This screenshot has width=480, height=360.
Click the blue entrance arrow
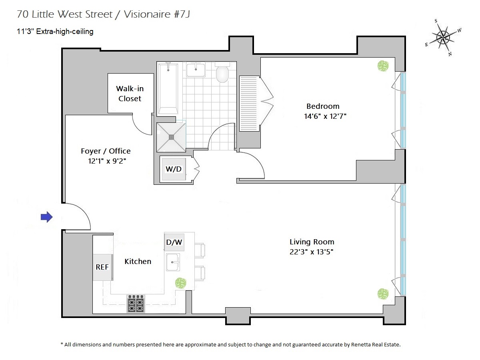tap(47, 217)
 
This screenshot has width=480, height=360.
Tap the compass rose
tap(443, 38)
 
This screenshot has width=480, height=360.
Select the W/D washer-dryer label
tap(174, 169)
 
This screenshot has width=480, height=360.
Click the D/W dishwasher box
tap(174, 242)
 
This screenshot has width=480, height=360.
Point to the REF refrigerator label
tap(102, 267)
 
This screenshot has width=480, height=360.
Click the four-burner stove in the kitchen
tap(136, 304)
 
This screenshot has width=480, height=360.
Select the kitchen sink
tap(173, 262)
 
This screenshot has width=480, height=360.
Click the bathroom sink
tap(196, 70)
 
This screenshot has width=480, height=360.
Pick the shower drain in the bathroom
tap(171, 137)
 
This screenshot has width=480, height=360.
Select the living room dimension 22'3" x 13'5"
tap(312, 252)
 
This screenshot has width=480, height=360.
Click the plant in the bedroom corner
tap(383, 66)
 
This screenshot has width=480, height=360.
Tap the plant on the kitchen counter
tap(181, 283)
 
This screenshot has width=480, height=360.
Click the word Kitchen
tap(138, 262)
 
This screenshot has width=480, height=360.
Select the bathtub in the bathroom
tap(168, 89)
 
